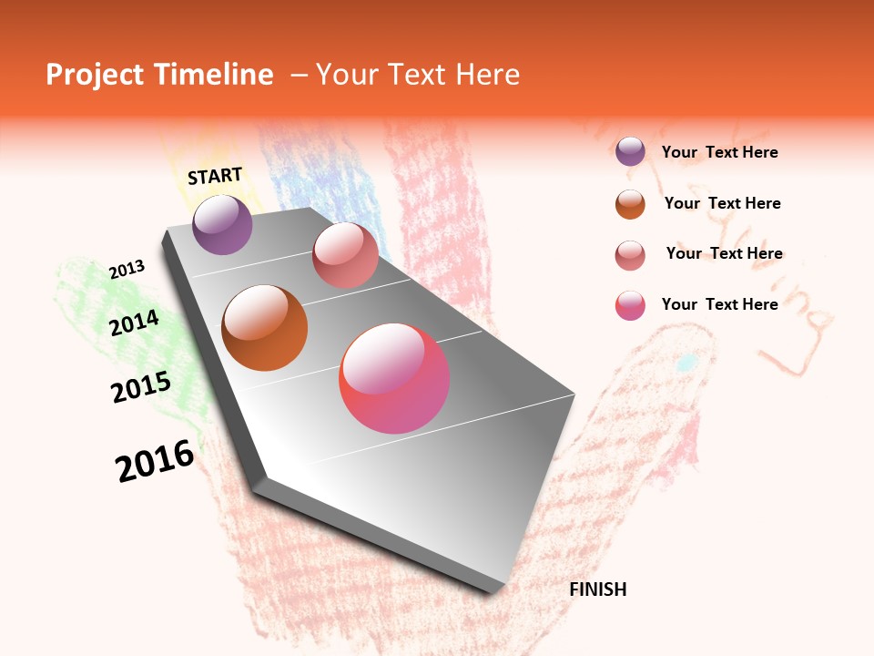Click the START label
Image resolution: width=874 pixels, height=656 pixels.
(215, 176)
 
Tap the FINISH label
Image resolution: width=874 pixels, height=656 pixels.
(597, 589)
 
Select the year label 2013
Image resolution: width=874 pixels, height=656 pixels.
(127, 270)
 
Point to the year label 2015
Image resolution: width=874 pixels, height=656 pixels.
(141, 387)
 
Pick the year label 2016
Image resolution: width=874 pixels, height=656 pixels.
(155, 461)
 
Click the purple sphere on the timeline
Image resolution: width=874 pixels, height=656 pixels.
(222, 225)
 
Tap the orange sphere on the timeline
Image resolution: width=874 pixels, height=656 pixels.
(264, 328)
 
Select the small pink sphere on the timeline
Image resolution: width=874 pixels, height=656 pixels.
(345, 255)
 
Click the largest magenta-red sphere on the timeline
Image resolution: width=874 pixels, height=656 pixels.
(394, 378)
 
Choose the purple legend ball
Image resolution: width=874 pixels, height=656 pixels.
(630, 152)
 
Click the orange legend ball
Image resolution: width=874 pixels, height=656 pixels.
(630, 204)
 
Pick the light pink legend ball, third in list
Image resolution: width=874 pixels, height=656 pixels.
(630, 255)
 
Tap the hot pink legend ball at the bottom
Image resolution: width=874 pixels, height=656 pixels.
(630, 305)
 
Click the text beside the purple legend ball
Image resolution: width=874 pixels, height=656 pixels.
(719, 153)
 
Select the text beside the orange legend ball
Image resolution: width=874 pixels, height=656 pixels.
(722, 203)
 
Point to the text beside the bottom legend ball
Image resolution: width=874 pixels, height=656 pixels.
(719, 304)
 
